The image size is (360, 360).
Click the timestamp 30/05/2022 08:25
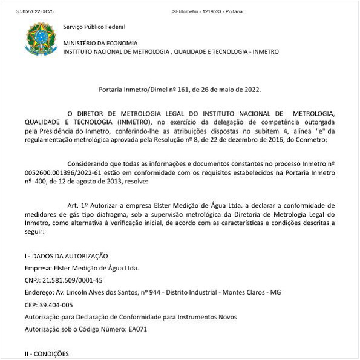pos(35,11)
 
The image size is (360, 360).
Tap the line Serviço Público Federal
pos(94,27)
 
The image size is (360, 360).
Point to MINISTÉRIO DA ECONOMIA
pos(100,43)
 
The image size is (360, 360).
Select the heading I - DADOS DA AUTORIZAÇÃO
pos(67,256)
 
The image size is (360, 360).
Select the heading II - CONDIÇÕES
pos(47,353)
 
